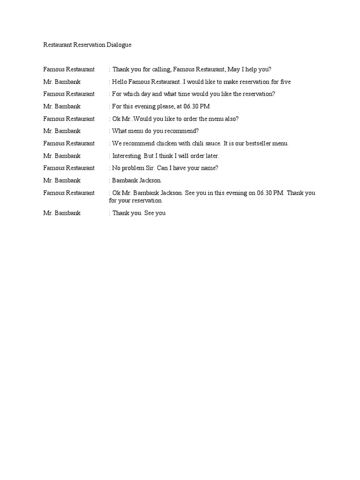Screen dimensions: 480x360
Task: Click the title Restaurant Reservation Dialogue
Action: pos(88,45)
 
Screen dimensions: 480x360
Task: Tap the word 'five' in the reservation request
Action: pos(285,82)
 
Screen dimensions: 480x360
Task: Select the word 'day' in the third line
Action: pos(150,94)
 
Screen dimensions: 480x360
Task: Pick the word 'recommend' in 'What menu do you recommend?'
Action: pos(183,131)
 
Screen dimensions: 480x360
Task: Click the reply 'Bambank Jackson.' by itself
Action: pos(136,180)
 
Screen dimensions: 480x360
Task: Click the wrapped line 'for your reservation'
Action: pos(135,201)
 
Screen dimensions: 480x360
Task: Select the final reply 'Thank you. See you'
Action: pos(139,213)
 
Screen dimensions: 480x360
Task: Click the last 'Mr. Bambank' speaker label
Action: pos(62,213)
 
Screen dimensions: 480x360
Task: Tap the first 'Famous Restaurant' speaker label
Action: pos(69,69)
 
